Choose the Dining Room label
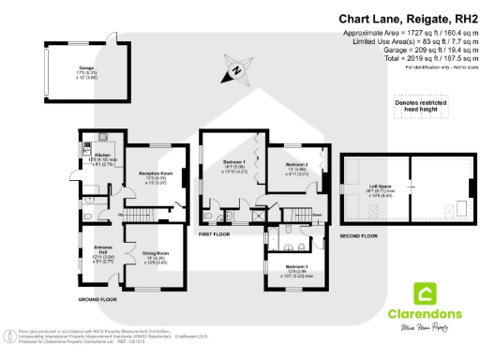coord(156,255)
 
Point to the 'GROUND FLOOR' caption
coord(98,300)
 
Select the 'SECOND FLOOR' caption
coord(358,237)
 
